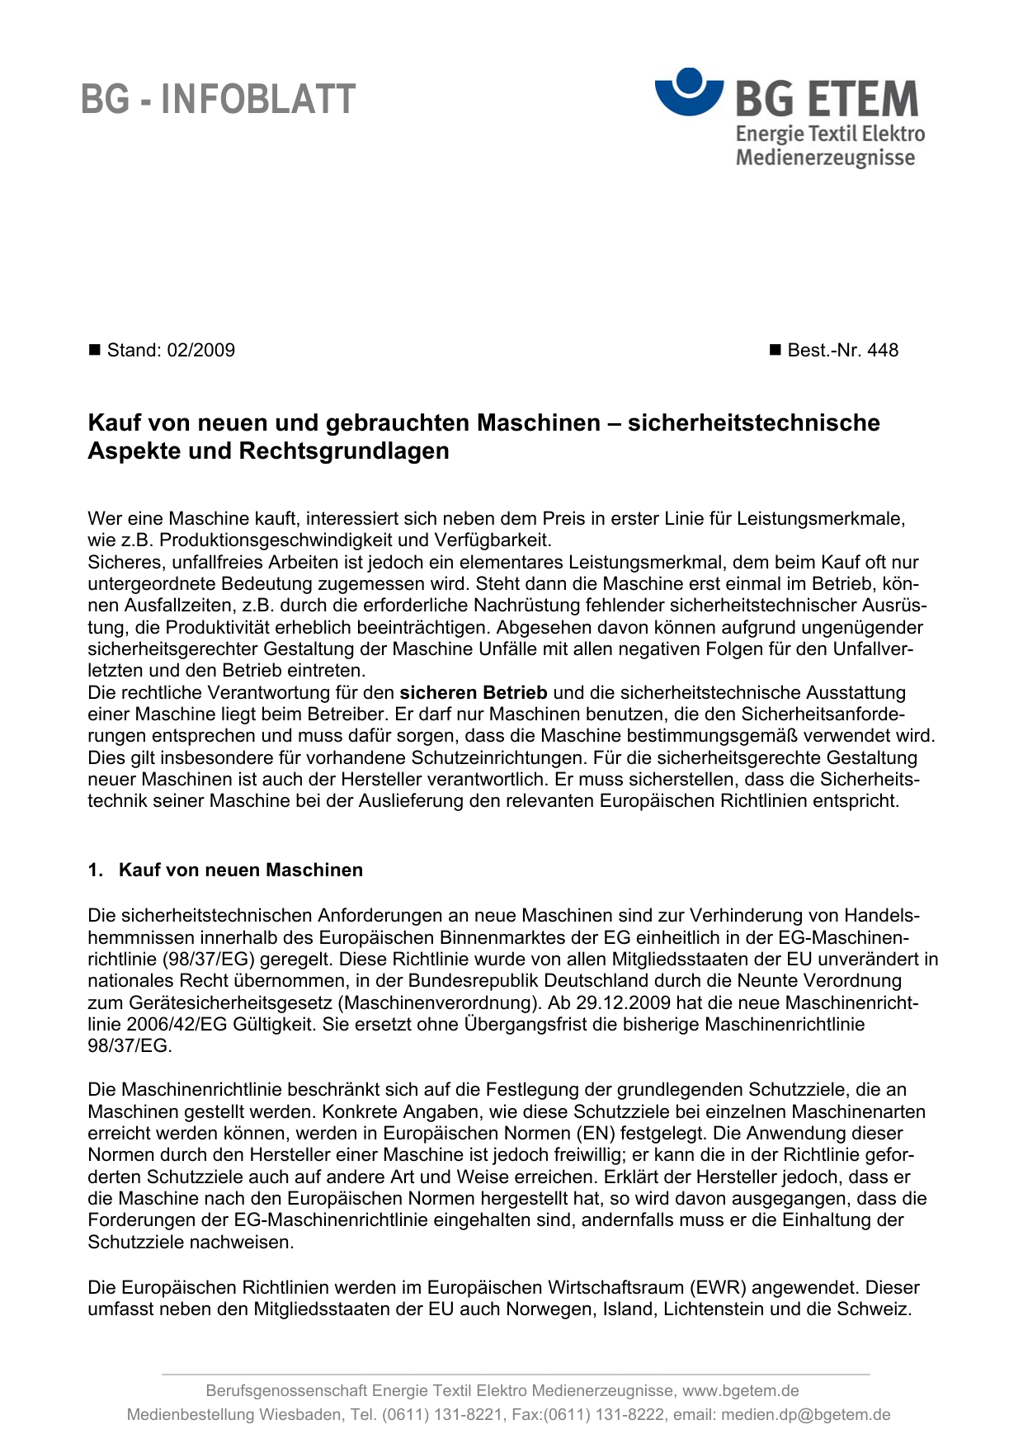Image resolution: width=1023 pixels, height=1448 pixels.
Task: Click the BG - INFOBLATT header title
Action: point(219,100)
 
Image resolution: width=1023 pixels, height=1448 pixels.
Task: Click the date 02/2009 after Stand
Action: point(200,351)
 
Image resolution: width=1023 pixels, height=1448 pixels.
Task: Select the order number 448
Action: point(883,351)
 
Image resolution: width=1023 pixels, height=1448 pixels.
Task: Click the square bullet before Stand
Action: point(93,351)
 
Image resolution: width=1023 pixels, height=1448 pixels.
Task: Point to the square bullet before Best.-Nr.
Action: point(774,351)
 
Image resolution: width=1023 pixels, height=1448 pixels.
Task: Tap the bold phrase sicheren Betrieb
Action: point(474,692)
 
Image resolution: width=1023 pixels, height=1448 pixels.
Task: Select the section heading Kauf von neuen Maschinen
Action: point(241,870)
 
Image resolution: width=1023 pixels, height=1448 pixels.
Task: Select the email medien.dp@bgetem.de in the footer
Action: point(806,1415)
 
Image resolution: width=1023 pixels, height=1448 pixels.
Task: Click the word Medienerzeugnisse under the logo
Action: point(825,158)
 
